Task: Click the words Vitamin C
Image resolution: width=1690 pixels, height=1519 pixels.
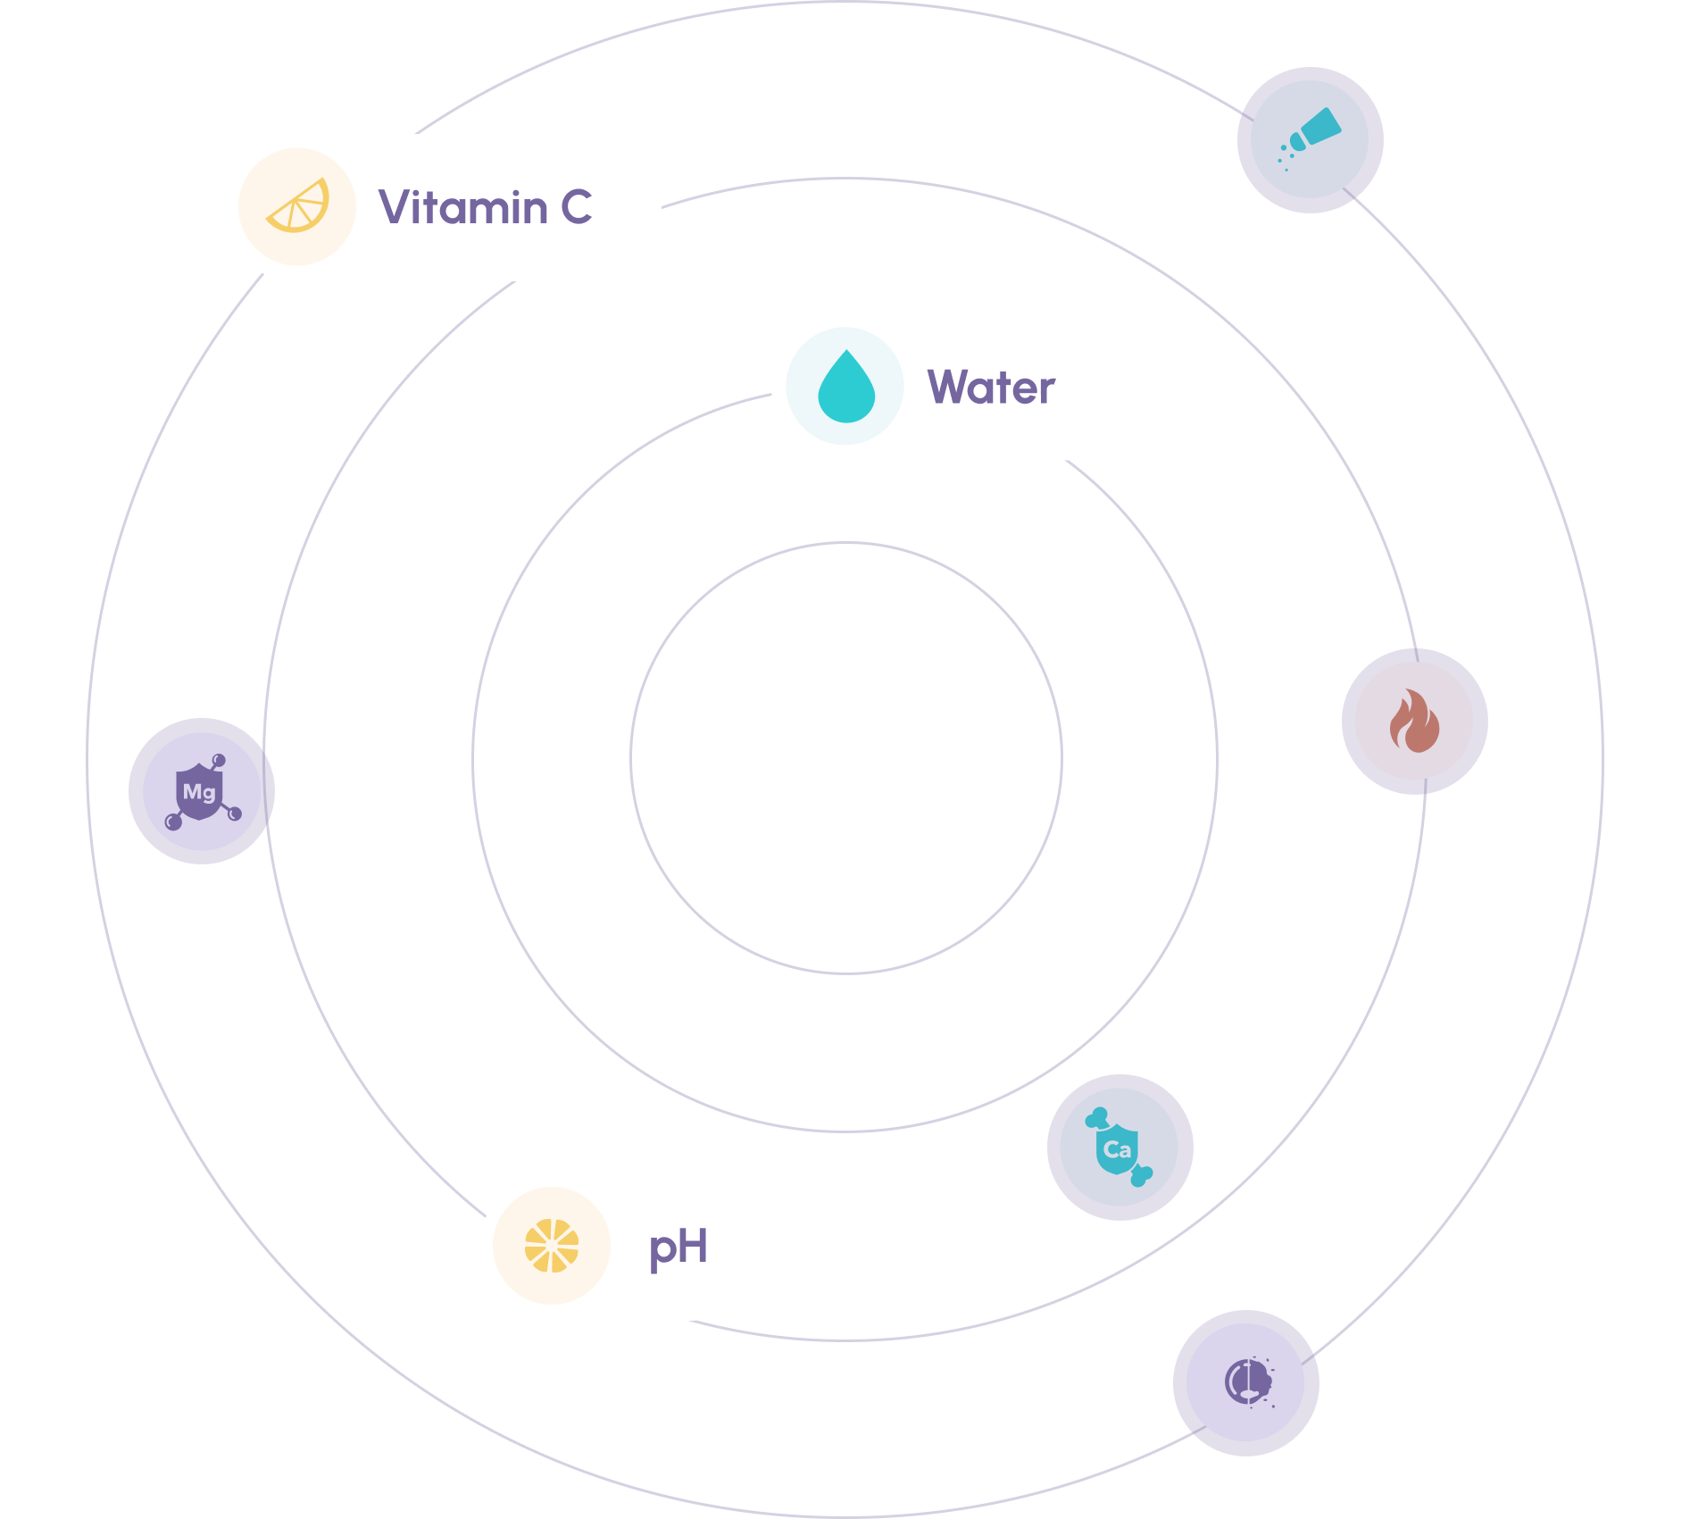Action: pyautogui.click(x=485, y=207)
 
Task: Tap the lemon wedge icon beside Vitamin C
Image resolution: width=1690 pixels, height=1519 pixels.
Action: pyautogui.click(x=298, y=207)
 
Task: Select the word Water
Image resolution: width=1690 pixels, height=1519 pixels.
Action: pyautogui.click(x=991, y=388)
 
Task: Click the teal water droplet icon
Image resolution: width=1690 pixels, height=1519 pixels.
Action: pyautogui.click(x=845, y=388)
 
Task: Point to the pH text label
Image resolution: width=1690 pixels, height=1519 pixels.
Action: pyautogui.click(x=678, y=1247)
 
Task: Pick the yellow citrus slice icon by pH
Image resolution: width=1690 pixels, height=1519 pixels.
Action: pyautogui.click(x=552, y=1246)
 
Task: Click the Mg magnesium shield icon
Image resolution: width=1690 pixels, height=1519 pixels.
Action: pyautogui.click(x=202, y=791)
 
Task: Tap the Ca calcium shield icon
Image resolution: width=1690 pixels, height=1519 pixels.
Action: pyautogui.click(x=1120, y=1148)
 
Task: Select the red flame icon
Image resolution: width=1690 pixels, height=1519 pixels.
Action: pyautogui.click(x=1414, y=722)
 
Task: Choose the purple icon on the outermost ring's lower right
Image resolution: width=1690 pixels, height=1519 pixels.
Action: pyautogui.click(x=1246, y=1382)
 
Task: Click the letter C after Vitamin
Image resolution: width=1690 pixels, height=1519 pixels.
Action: pyautogui.click(x=577, y=207)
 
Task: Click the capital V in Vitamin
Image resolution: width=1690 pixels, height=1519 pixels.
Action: pyautogui.click(x=394, y=207)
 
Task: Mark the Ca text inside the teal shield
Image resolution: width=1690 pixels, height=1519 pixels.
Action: pyautogui.click(x=1118, y=1149)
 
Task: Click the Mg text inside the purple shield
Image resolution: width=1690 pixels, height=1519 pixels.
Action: pyautogui.click(x=199, y=791)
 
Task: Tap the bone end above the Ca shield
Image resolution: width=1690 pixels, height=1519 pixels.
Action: pyautogui.click(x=1096, y=1117)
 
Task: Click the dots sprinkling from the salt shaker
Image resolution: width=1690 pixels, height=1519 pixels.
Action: pyautogui.click(x=1285, y=157)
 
